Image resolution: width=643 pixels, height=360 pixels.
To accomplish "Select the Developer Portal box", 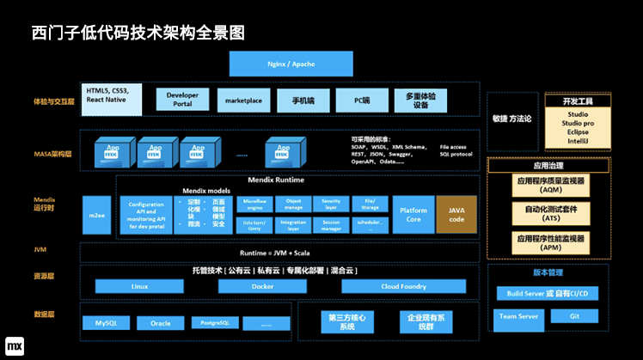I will [182, 99].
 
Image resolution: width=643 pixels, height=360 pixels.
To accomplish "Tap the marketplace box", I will [244, 100].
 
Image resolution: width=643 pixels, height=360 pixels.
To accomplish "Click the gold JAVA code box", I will [456, 214].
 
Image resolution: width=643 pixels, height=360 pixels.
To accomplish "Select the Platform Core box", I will [413, 214].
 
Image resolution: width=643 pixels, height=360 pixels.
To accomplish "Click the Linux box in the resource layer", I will [139, 286].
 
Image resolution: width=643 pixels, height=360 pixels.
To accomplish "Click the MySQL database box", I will [106, 323].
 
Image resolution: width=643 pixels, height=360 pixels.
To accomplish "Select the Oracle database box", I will [161, 323].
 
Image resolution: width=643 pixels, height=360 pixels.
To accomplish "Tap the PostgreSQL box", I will [214, 323].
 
